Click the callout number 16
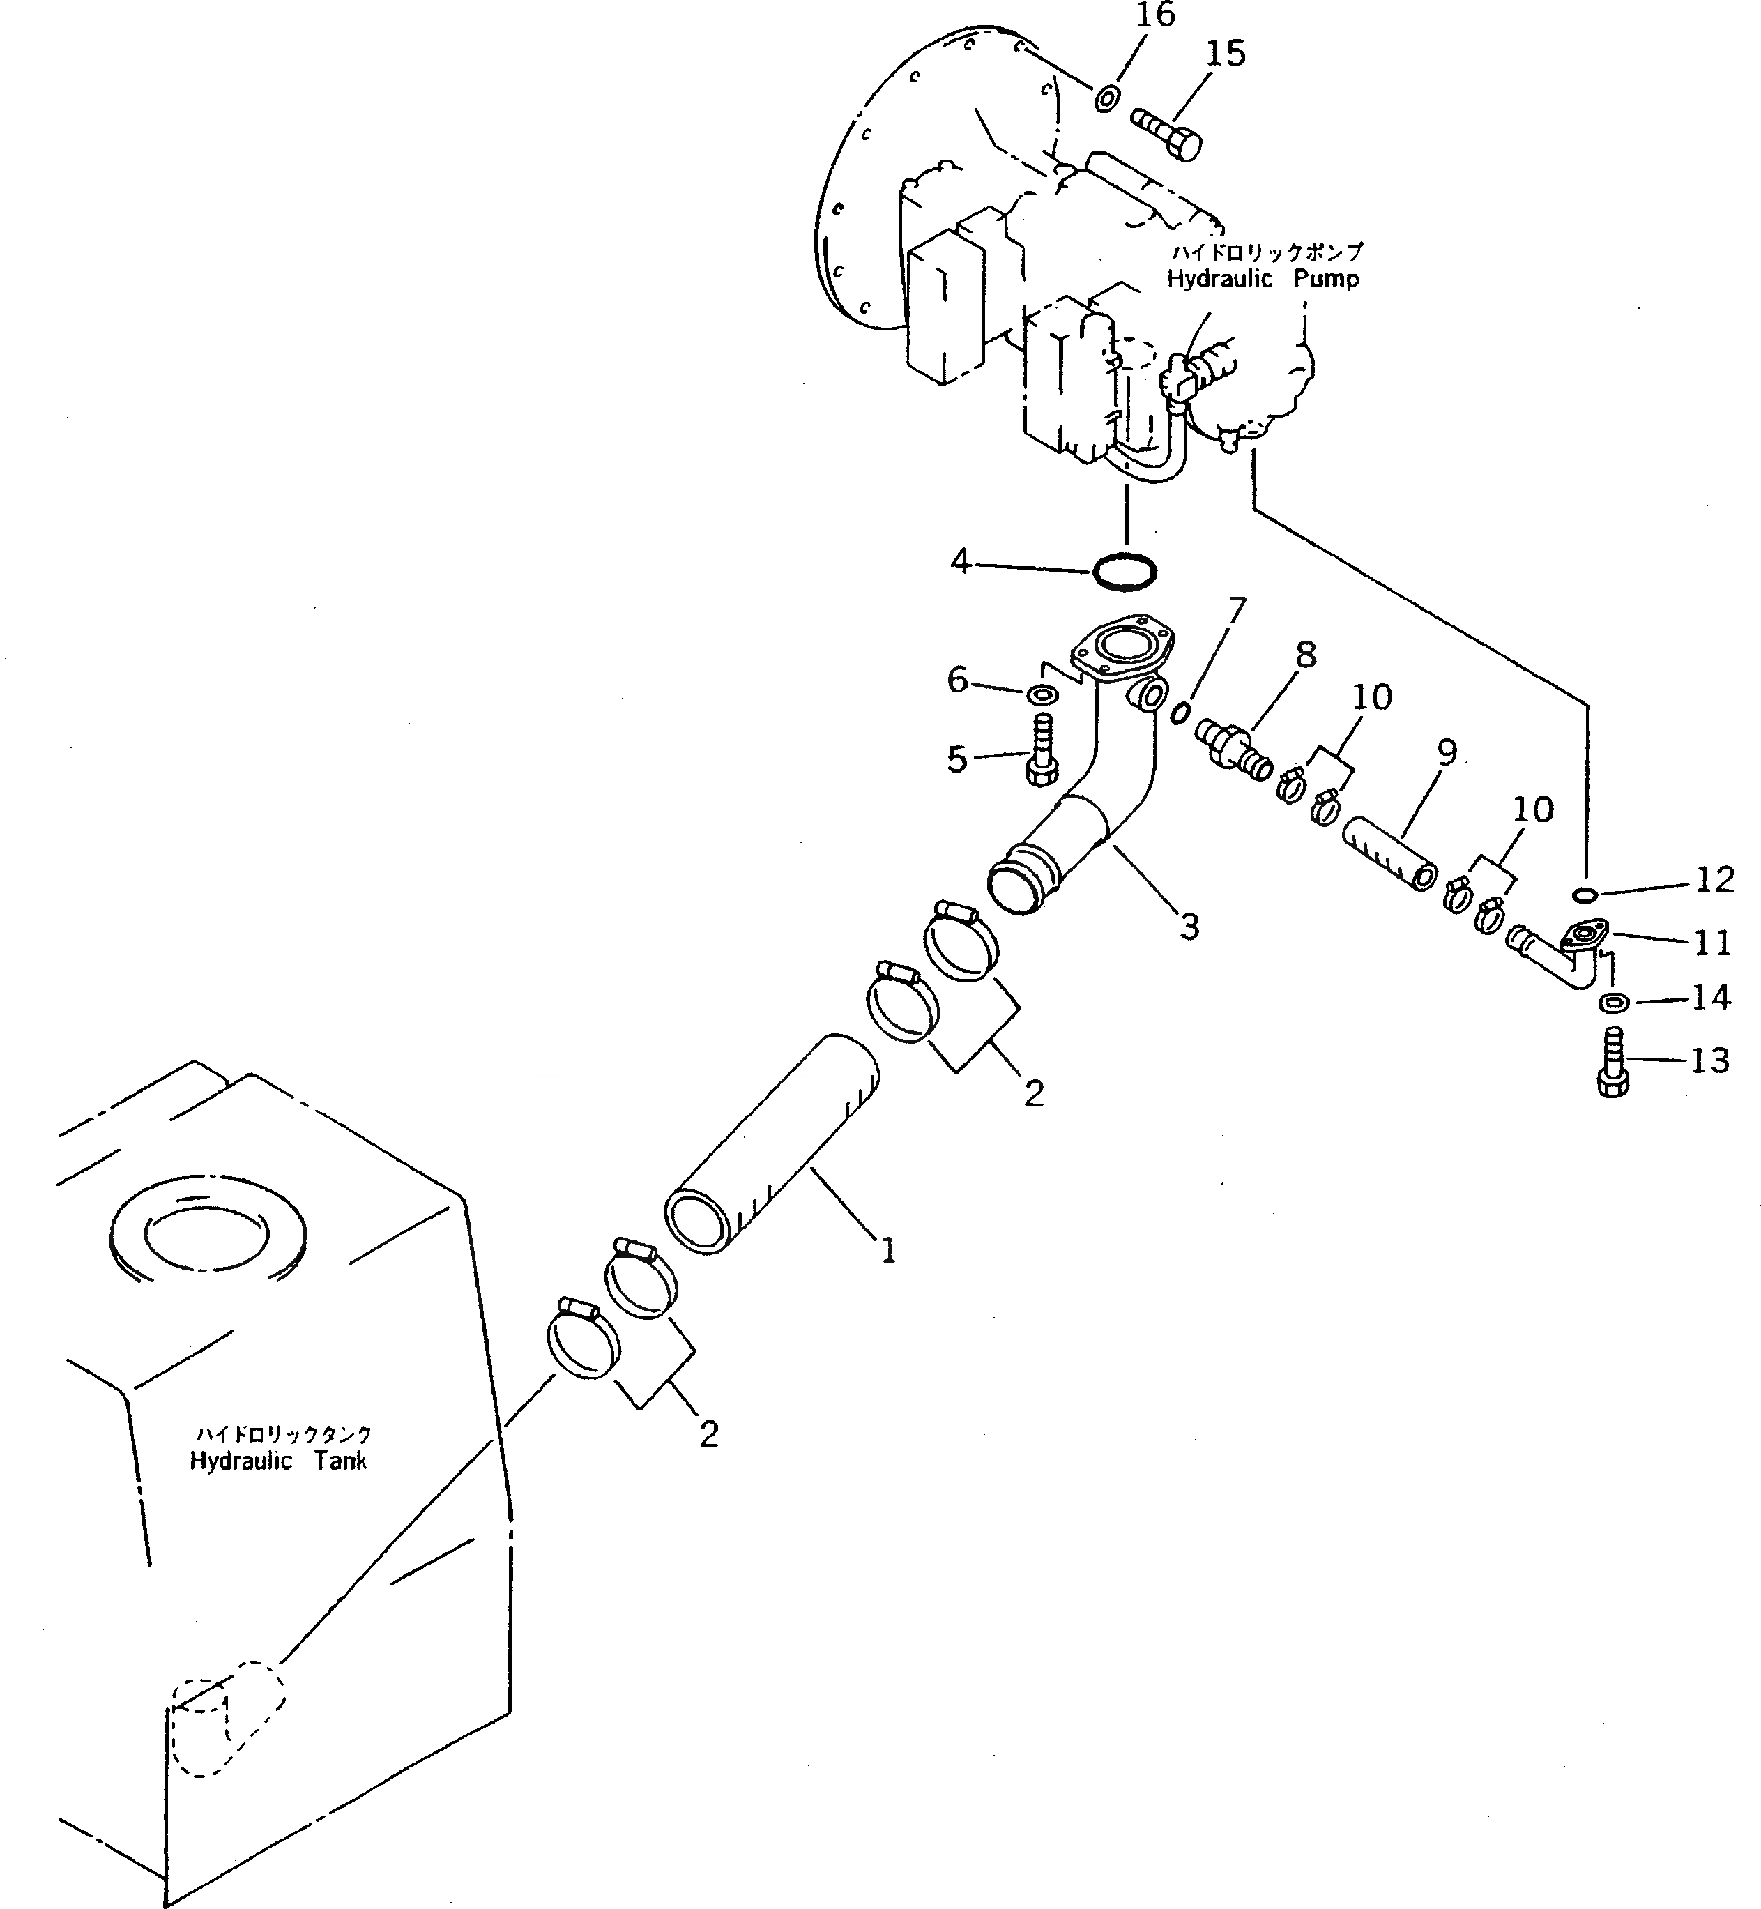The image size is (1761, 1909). [x=1156, y=16]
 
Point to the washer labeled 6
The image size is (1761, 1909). [x=1042, y=693]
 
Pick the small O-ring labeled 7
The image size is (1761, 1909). [x=1181, y=712]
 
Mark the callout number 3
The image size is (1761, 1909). [x=1189, y=925]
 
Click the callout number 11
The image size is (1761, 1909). [x=1712, y=943]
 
